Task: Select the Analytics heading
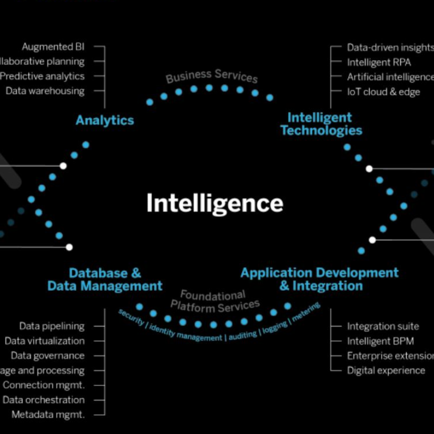105,120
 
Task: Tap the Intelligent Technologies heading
321,124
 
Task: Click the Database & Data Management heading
105,280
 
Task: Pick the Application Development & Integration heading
320,279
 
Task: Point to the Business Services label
212,76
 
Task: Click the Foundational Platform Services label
214,300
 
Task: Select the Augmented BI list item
53,47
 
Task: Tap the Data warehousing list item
45,91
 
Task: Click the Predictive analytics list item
42,76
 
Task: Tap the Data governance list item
47,356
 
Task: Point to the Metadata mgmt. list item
48,415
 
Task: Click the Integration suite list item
383,327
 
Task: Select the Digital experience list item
386,370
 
